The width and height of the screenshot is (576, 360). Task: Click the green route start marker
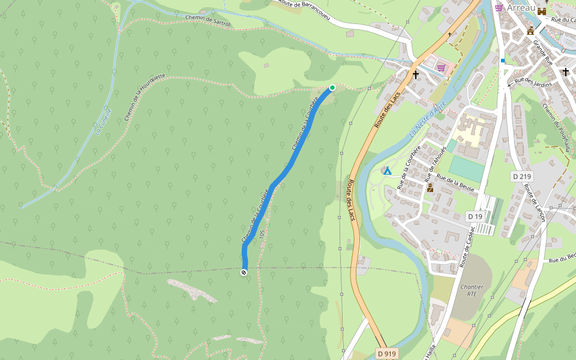tap(332, 88)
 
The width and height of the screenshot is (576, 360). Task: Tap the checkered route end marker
tap(244, 273)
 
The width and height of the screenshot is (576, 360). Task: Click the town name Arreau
tap(520, 8)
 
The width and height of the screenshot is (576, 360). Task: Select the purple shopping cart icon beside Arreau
tap(499, 8)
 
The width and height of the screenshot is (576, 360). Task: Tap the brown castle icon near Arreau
tap(542, 11)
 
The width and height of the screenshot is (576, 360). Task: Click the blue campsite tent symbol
tap(388, 171)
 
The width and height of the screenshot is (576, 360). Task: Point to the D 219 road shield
tap(522, 176)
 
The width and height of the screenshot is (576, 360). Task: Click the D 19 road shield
tap(475, 216)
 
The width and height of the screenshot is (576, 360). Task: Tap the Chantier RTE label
tap(472, 290)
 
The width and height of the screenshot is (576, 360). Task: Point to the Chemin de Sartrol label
tap(208, 20)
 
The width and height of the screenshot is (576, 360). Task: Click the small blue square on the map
tap(503, 61)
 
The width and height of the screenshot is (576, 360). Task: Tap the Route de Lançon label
tap(533, 203)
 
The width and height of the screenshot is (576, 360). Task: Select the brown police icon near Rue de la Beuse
tap(430, 188)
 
